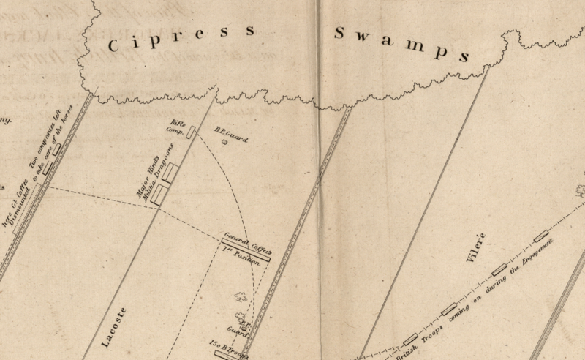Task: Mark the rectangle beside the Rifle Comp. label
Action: (191, 132)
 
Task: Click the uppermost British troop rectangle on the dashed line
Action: (541, 236)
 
